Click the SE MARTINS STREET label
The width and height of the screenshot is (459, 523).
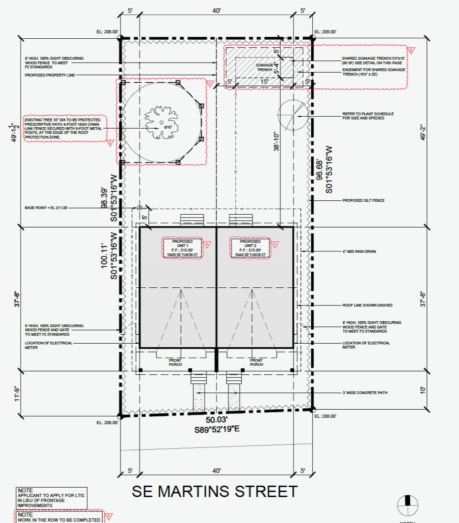pyautogui.click(x=214, y=491)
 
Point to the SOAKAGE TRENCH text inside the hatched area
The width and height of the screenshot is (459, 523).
pyautogui.click(x=264, y=67)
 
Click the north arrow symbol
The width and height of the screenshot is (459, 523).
pyautogui.click(x=408, y=505)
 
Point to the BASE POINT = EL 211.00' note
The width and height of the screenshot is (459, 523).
pyautogui.click(x=46, y=208)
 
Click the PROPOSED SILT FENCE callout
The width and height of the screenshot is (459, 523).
pyautogui.click(x=363, y=201)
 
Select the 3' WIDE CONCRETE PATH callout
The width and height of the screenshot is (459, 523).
pyautogui.click(x=365, y=392)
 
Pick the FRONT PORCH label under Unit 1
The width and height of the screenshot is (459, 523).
pyautogui.click(x=175, y=362)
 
